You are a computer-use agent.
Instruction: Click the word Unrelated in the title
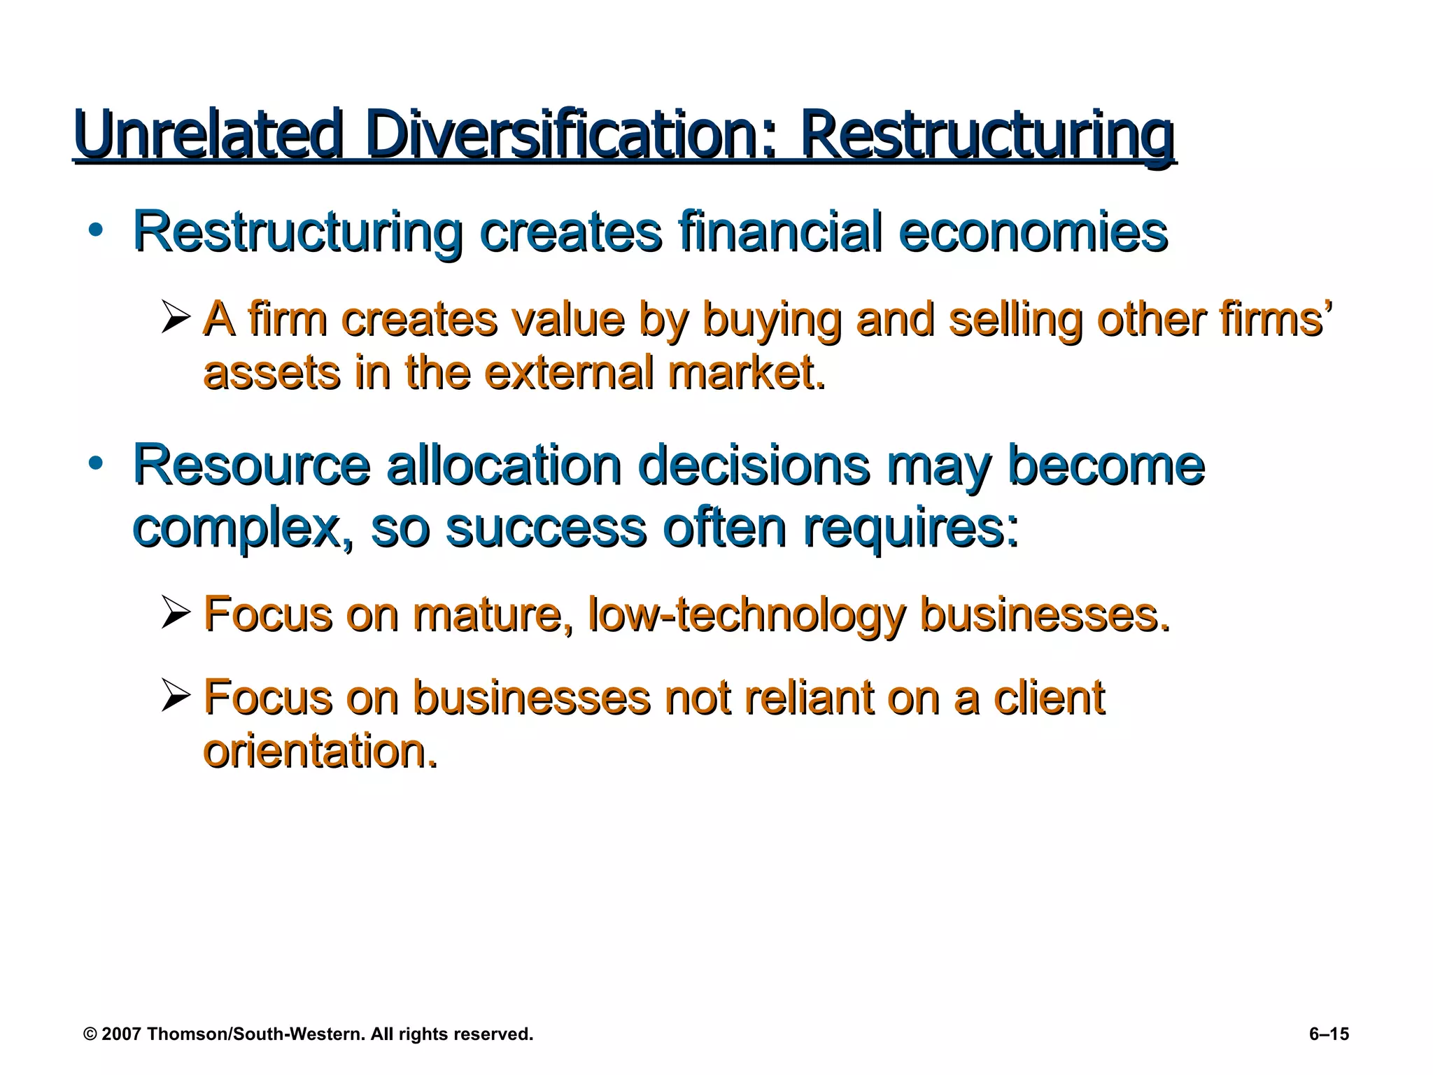pyautogui.click(x=209, y=134)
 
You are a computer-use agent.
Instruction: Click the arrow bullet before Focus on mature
pyautogui.click(x=175, y=612)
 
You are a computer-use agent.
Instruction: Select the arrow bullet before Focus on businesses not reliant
pyautogui.click(x=175, y=696)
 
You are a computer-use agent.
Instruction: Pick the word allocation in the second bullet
pyautogui.click(x=504, y=465)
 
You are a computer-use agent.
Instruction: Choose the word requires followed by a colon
pyautogui.click(x=910, y=529)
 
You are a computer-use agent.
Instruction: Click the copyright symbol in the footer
pyautogui.click(x=90, y=1034)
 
